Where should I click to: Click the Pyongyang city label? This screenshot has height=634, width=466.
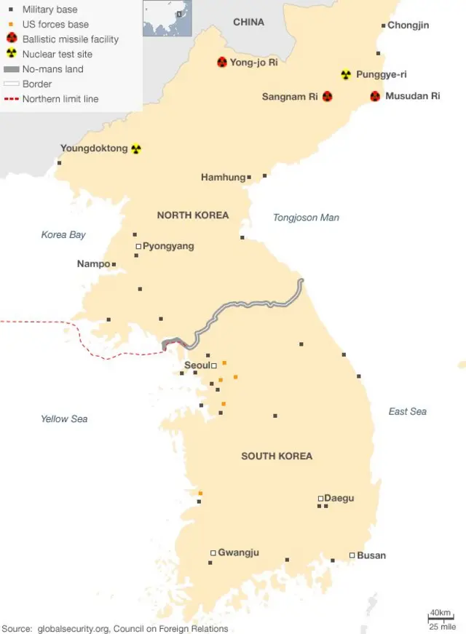pyautogui.click(x=168, y=246)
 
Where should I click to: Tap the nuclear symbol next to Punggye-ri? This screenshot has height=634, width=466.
pyautogui.click(x=346, y=75)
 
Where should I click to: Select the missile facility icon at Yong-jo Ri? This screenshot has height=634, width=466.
pyautogui.click(x=222, y=63)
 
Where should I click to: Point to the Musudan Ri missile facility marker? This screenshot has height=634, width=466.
pyautogui.click(x=375, y=96)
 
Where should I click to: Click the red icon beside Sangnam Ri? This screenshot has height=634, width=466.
pyautogui.click(x=327, y=96)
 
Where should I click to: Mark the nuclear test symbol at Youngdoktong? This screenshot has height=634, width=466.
pyautogui.click(x=135, y=148)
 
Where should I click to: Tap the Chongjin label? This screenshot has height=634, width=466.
pyautogui.click(x=408, y=25)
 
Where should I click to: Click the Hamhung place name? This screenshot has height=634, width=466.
pyautogui.click(x=223, y=177)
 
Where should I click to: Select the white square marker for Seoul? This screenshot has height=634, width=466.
pyautogui.click(x=214, y=365)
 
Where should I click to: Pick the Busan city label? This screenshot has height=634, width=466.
pyautogui.click(x=371, y=555)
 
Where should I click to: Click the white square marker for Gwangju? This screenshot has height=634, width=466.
pyautogui.click(x=213, y=552)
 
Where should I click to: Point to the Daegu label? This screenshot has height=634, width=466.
pyautogui.click(x=339, y=498)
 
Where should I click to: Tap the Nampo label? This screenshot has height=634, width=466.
pyautogui.click(x=93, y=264)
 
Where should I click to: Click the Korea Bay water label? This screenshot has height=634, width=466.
pyautogui.click(x=63, y=234)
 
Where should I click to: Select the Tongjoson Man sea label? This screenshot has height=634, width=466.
pyautogui.click(x=306, y=218)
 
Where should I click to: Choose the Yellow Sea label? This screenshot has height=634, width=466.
pyautogui.click(x=64, y=419)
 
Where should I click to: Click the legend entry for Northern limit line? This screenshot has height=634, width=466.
pyautogui.click(x=60, y=99)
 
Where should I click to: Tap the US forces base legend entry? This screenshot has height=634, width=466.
pyautogui.click(x=55, y=24)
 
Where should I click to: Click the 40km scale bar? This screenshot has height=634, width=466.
pyautogui.click(x=441, y=618)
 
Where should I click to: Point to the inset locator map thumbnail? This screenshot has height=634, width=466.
pyautogui.click(x=167, y=18)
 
